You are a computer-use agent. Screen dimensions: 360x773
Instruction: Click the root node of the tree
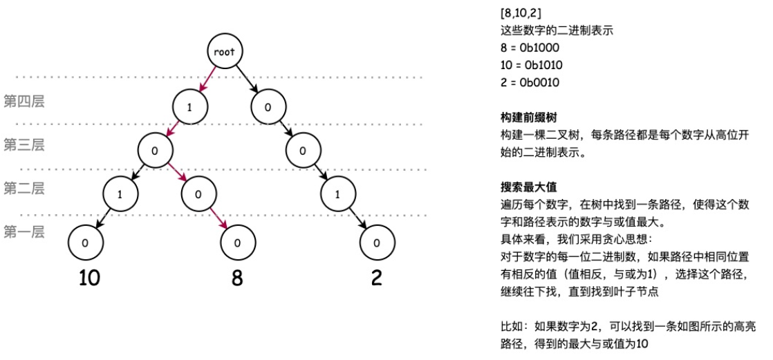(225, 52)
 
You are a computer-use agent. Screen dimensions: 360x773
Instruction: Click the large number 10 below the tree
(89, 278)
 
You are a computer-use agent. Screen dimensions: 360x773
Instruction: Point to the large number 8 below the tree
(238, 278)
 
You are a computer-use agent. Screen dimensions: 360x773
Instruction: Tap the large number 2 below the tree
(376, 278)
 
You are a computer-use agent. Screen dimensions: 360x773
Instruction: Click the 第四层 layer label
(24, 102)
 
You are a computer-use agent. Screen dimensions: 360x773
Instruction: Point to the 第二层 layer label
(24, 187)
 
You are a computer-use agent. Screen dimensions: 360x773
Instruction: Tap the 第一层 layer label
(24, 231)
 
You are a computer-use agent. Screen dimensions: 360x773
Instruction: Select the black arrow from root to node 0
(247, 79)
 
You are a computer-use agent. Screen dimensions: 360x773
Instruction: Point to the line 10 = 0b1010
(531, 66)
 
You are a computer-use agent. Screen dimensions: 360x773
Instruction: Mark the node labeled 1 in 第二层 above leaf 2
(337, 194)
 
